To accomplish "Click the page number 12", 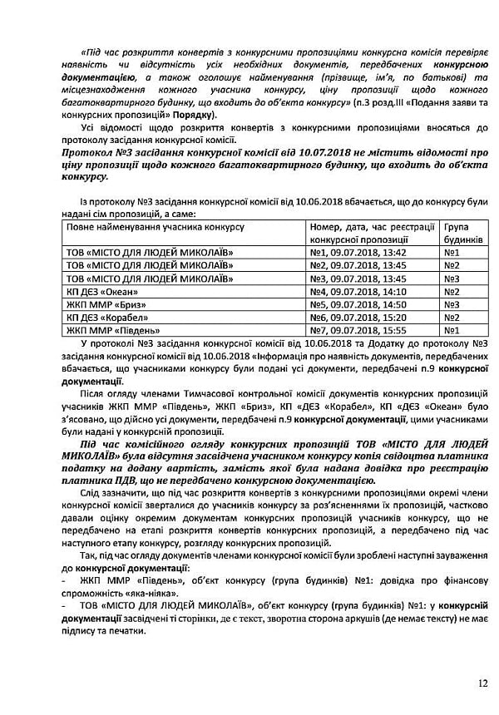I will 483,683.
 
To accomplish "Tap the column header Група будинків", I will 463,233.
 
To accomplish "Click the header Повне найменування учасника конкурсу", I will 154,227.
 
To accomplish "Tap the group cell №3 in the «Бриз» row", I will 452,304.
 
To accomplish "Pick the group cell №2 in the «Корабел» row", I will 452,317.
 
